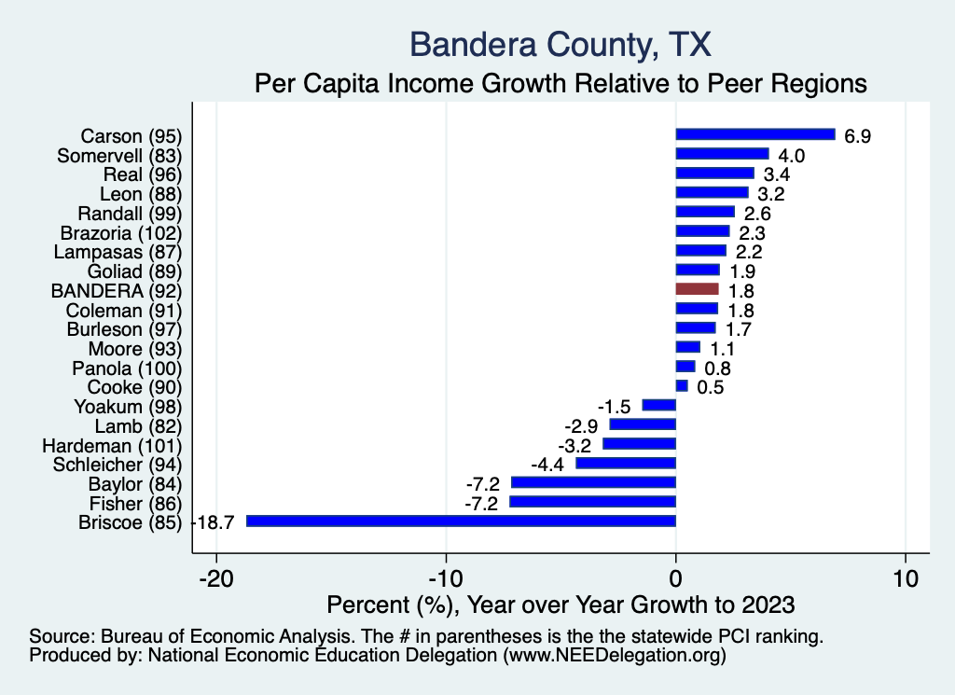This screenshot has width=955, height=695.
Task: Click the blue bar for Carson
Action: click(754, 134)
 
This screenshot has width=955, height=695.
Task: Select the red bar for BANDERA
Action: click(697, 289)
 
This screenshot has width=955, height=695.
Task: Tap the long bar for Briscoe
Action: click(461, 521)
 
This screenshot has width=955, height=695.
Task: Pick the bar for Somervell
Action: click(722, 154)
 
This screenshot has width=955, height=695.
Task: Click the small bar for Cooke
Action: click(682, 386)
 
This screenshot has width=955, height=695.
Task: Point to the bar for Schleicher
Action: click(626, 464)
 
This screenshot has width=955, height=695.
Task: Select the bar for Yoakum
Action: click(658, 406)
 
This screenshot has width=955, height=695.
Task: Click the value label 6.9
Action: click(857, 136)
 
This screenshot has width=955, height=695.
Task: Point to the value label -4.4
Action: click(548, 465)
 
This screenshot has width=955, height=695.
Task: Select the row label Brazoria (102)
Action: click(120, 232)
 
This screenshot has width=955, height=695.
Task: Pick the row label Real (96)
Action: click(142, 174)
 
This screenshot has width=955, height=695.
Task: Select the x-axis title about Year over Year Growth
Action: click(561, 605)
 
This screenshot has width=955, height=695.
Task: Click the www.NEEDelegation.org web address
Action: click(615, 656)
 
